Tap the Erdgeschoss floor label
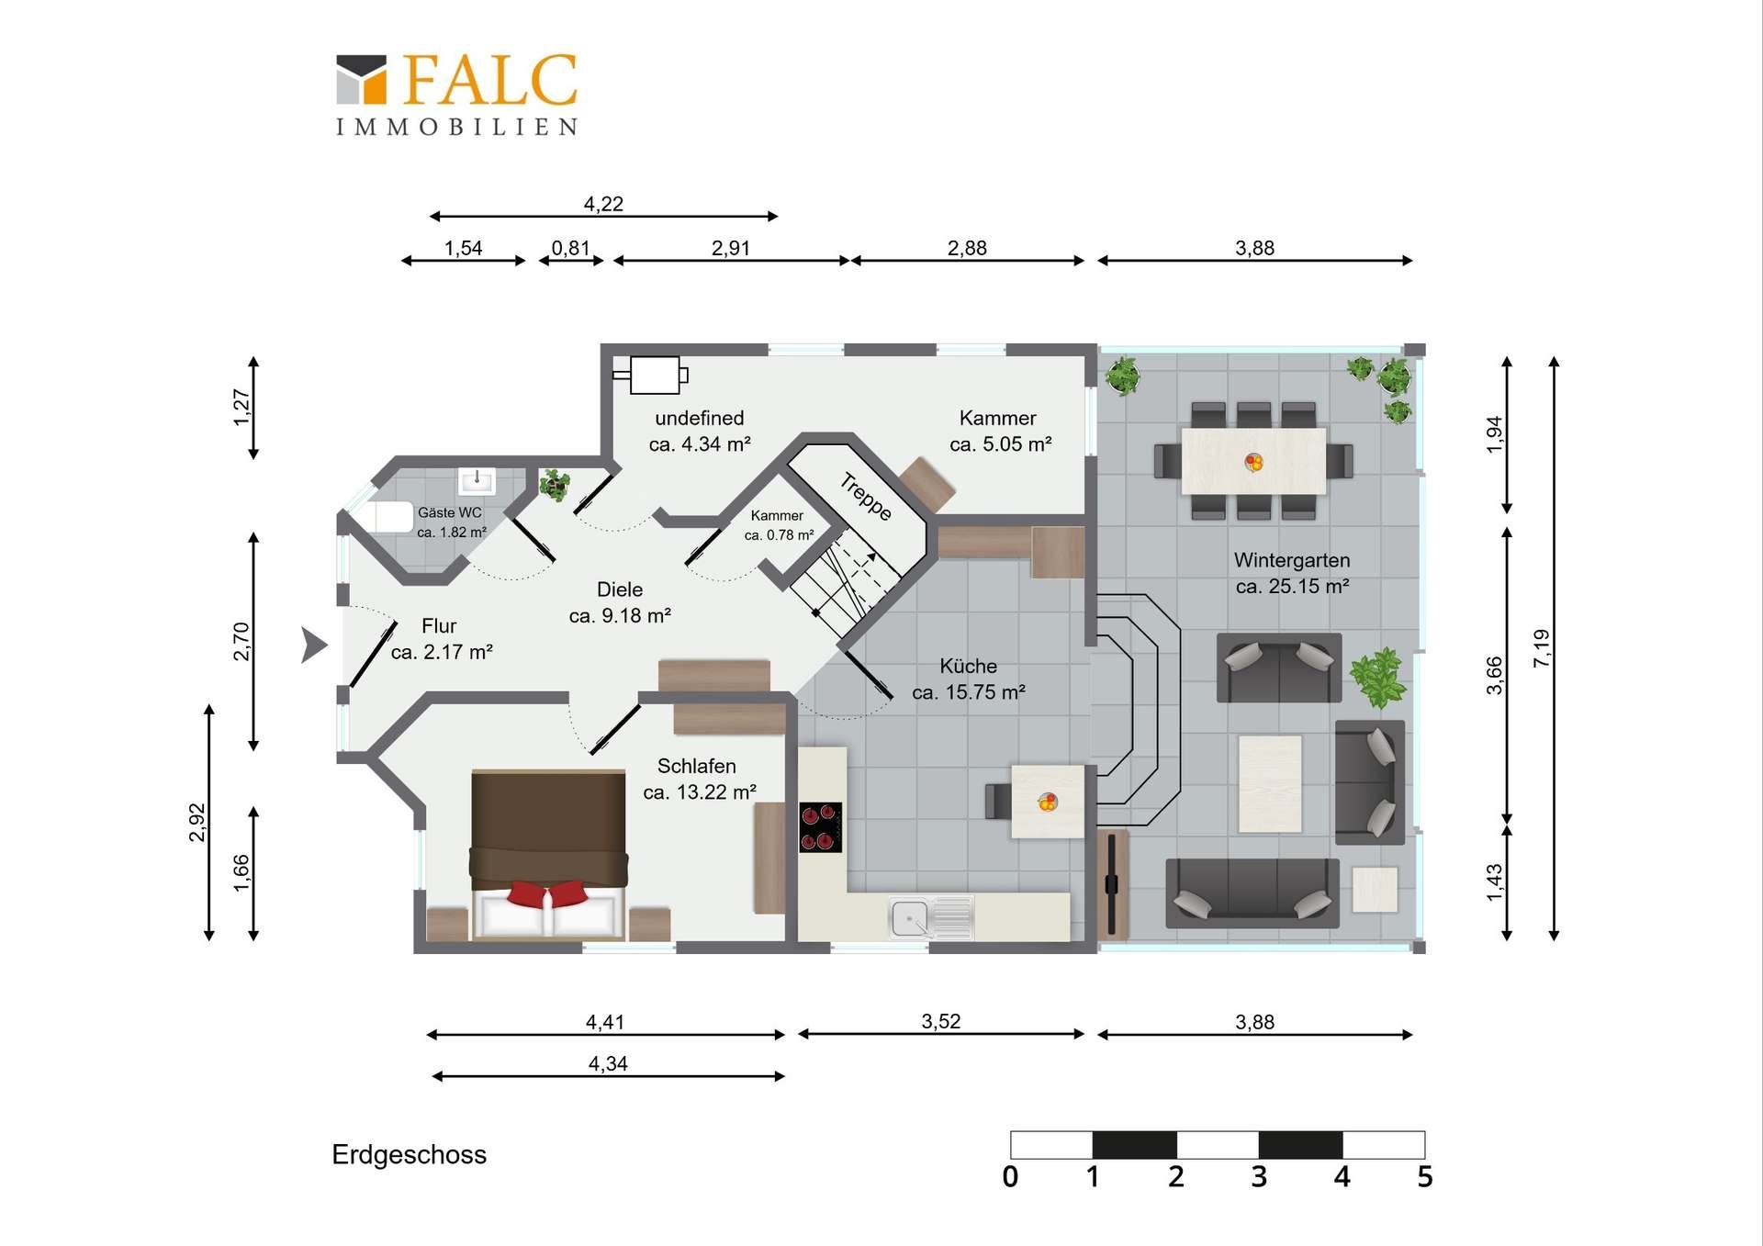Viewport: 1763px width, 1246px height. click(x=409, y=1154)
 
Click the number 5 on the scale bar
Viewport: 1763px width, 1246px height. click(x=1424, y=1177)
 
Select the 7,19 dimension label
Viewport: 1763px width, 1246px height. click(x=1542, y=647)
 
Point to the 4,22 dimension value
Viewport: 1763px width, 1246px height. click(x=603, y=204)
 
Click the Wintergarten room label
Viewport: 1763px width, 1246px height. click(x=1292, y=560)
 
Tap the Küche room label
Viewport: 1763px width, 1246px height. click(x=968, y=666)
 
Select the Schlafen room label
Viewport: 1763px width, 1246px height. click(x=696, y=766)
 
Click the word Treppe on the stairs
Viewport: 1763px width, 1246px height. click(x=866, y=496)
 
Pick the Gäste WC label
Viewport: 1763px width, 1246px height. click(x=449, y=512)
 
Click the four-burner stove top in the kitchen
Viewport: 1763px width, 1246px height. click(x=820, y=827)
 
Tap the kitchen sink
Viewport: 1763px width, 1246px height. click(x=930, y=917)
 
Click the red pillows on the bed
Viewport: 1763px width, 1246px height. click(x=547, y=892)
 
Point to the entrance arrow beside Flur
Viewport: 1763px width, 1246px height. click(x=313, y=645)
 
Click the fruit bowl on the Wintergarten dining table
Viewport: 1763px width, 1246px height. click(x=1253, y=462)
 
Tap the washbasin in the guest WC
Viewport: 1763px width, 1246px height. click(x=477, y=479)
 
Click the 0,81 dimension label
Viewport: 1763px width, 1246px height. click(x=570, y=248)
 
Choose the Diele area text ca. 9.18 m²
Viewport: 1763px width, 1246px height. click(x=620, y=615)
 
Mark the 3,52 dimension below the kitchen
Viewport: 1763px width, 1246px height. click(x=941, y=1021)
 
